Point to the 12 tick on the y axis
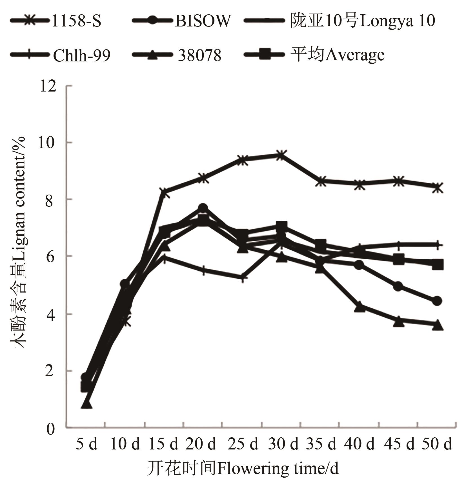48,86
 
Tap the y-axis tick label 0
51,429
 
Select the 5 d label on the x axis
87,444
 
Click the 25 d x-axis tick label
243,444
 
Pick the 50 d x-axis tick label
437,444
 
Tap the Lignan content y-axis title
19,242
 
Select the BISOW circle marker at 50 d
437,301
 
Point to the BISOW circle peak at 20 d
203,208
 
